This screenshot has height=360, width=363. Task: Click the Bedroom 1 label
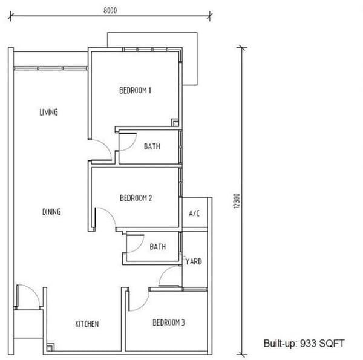tap(135, 90)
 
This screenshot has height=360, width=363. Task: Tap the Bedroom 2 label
tap(136, 198)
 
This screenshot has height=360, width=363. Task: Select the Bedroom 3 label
tap(169, 322)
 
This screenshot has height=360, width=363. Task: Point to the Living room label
tap(48, 112)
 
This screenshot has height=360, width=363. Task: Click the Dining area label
tap(51, 212)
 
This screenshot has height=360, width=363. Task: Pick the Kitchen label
tap(87, 324)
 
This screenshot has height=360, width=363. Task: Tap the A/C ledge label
tap(194, 213)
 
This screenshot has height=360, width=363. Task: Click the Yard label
tap(194, 261)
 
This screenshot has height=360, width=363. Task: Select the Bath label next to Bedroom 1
tap(152, 146)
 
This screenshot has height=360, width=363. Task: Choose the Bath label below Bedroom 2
tap(158, 247)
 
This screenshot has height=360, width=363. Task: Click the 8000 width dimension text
tap(110, 10)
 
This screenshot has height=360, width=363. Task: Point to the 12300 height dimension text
tap(237, 201)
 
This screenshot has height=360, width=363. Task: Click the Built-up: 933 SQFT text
tap(304, 343)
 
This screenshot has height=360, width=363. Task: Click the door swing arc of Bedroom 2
tap(110, 213)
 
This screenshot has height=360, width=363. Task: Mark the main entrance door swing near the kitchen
tap(34, 290)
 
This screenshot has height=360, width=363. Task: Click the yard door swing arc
tap(164, 271)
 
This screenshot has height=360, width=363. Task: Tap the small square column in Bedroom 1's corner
tap(175, 122)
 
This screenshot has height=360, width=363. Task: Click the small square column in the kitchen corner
tap(50, 347)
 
